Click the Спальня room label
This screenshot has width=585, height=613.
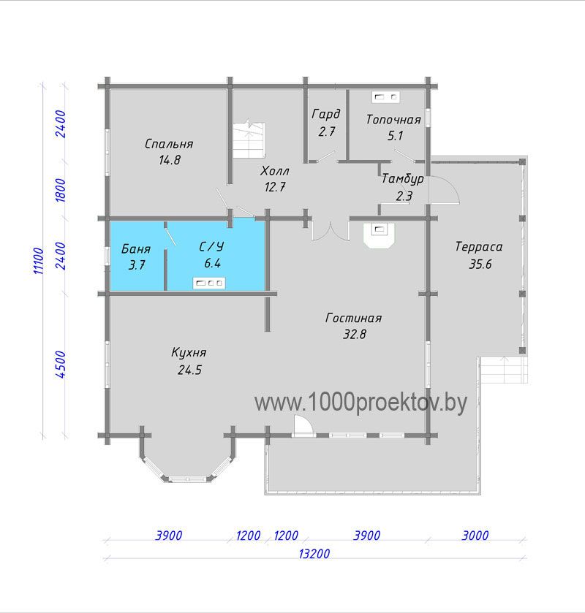169,144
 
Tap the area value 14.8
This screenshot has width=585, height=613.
170,160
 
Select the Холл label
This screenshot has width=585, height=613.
275,171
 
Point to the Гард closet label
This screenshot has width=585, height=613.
326,114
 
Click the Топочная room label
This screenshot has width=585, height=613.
393,120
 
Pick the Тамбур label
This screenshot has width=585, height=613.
403,179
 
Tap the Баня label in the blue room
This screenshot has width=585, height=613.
136,248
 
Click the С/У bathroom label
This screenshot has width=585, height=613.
211,246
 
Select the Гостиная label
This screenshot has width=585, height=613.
353,318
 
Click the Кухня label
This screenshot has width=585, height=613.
189,353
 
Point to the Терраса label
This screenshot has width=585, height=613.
479,247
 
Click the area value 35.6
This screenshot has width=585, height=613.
480,264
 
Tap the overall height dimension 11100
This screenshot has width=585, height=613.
38,261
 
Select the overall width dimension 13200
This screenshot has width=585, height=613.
314,554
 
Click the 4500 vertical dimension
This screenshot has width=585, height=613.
61,365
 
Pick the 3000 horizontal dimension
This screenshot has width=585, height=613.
475,536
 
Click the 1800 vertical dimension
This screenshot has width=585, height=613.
61,190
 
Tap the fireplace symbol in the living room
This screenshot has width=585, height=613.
379,235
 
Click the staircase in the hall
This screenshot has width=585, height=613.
249,140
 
